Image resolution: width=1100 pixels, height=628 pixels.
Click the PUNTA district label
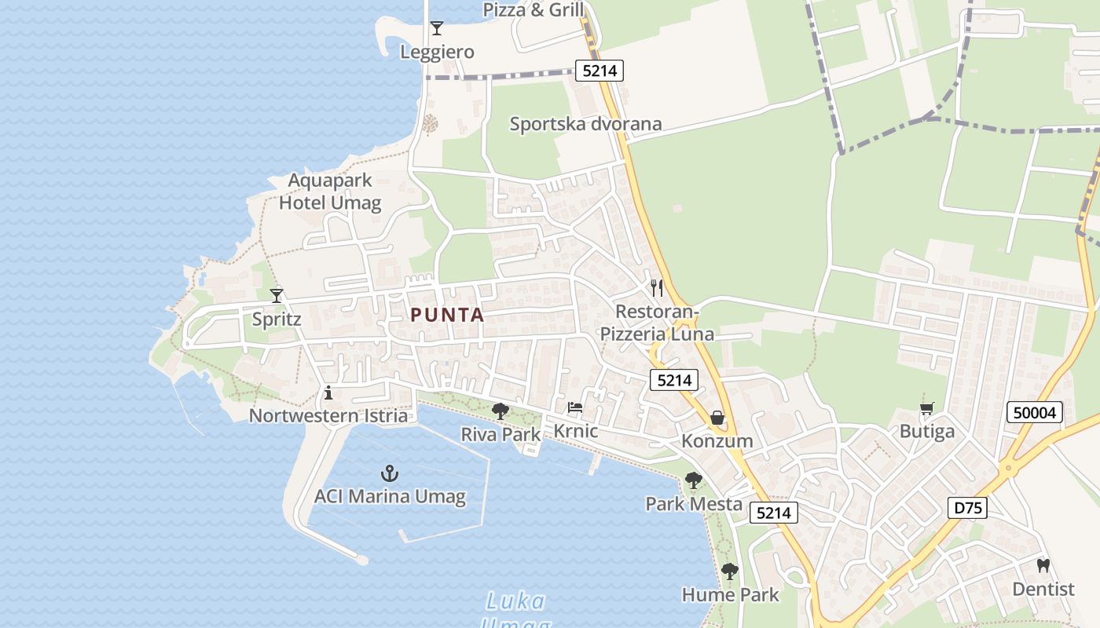click(x=447, y=316)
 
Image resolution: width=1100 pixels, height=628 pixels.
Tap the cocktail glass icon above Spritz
click(x=277, y=296)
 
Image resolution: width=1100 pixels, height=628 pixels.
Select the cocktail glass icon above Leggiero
click(x=437, y=28)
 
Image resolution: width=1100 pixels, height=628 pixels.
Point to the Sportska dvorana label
click(x=585, y=124)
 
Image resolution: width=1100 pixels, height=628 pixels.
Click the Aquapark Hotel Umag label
click(x=330, y=192)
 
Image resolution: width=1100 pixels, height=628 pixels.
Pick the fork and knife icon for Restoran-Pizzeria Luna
click(x=657, y=288)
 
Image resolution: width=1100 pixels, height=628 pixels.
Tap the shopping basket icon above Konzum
click(x=717, y=418)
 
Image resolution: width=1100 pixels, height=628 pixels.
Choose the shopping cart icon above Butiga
click(x=927, y=408)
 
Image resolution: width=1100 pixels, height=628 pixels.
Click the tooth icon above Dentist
click(x=1043, y=565)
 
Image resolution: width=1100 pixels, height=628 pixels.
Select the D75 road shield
click(x=966, y=508)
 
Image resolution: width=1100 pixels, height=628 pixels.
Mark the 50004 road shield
click(x=1035, y=412)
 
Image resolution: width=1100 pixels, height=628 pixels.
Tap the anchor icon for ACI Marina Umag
click(x=390, y=473)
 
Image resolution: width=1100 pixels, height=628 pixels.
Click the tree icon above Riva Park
click(x=500, y=411)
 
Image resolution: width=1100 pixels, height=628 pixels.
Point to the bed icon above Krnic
click(x=575, y=408)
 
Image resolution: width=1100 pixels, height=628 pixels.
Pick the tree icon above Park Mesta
click(x=693, y=480)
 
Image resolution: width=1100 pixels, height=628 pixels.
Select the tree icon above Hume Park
click(x=730, y=571)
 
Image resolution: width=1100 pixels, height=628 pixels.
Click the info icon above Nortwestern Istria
click(x=328, y=392)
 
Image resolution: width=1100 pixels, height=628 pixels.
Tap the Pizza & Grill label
click(x=533, y=9)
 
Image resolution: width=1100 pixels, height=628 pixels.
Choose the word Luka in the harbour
click(x=515, y=602)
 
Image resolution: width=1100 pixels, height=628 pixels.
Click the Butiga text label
click(x=927, y=432)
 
